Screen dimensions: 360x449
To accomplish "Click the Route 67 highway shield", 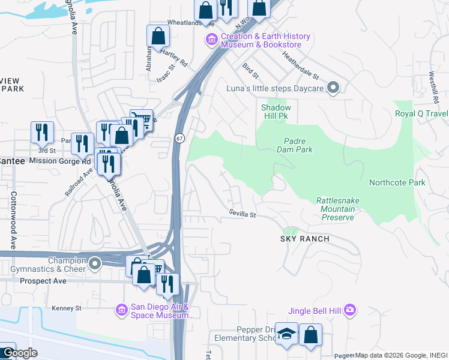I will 179,138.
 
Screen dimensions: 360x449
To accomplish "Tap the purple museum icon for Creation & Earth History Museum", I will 211,41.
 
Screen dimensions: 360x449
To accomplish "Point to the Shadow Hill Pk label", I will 276,112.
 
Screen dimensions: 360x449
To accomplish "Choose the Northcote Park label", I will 397,183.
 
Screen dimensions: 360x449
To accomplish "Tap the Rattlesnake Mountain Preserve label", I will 336,209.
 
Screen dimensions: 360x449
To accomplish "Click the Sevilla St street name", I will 243,214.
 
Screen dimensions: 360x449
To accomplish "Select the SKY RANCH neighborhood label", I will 305,239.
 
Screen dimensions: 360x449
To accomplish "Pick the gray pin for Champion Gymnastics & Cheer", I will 94,264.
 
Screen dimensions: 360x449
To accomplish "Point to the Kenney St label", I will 66,308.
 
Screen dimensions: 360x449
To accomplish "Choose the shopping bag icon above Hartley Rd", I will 158,36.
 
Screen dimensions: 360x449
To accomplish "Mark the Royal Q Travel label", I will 421,113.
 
